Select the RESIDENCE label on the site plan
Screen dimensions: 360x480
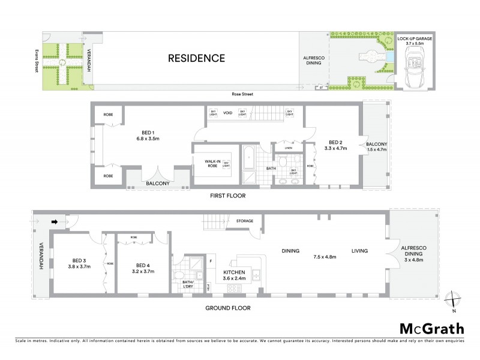[196, 58]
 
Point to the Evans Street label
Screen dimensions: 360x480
[37, 58]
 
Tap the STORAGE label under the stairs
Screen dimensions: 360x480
[244, 221]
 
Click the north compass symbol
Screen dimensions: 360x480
[454, 300]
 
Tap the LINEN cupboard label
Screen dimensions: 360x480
[288, 148]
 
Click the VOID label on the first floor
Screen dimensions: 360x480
[227, 112]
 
